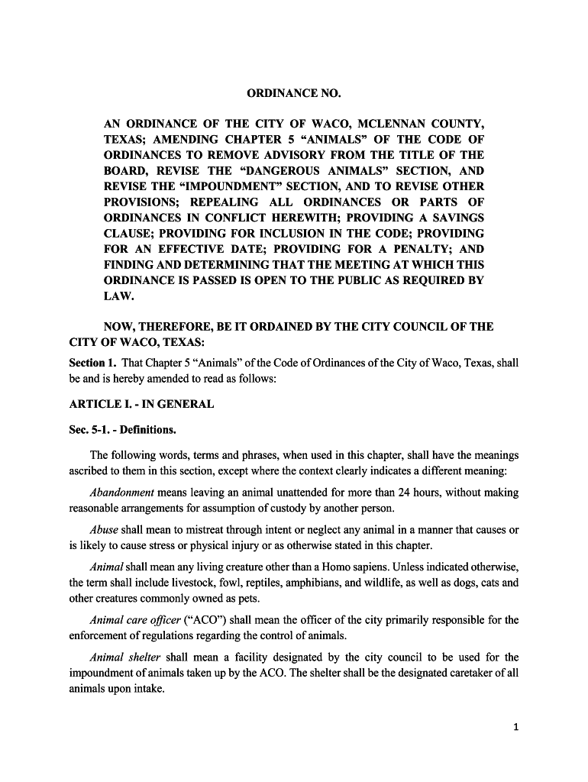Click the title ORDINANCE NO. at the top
(x=294, y=93)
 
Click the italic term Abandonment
(x=121, y=493)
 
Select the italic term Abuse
(x=103, y=530)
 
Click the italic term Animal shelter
(x=124, y=658)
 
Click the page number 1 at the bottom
(x=516, y=728)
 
